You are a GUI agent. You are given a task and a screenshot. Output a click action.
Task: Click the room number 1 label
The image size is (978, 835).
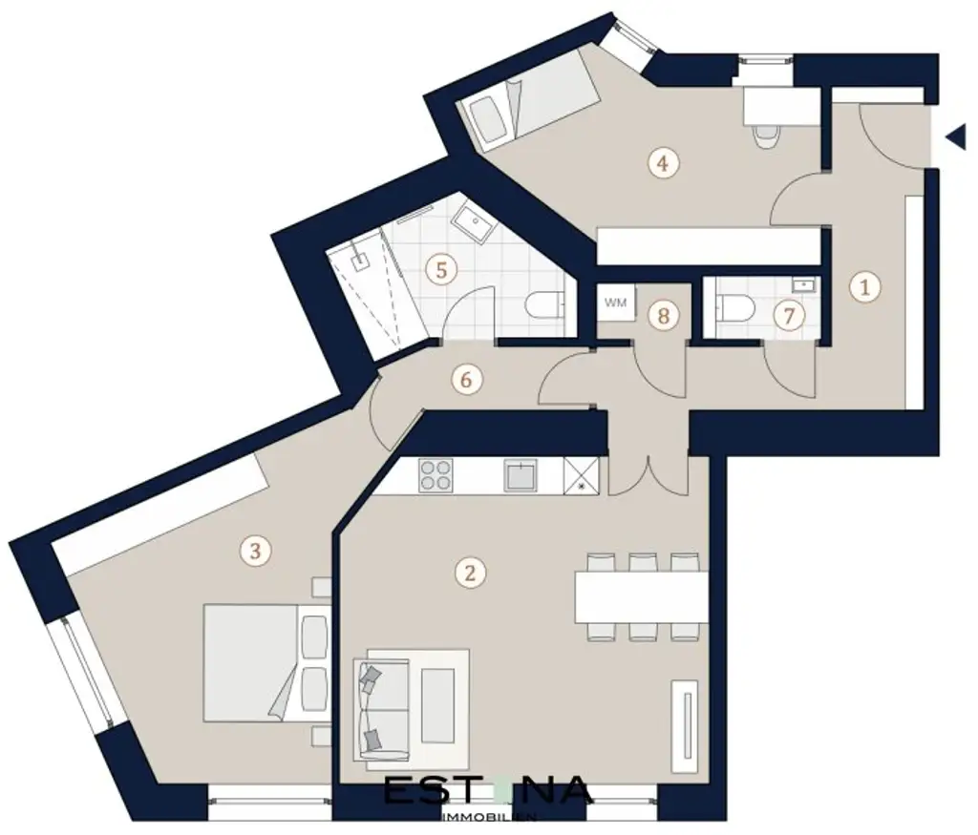point(863,286)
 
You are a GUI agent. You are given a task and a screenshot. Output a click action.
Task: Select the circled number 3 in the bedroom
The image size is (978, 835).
point(252,550)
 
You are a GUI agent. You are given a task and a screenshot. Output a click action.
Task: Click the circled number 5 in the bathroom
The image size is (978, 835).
point(440,269)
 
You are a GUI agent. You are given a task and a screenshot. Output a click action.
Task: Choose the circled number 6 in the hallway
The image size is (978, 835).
point(466,379)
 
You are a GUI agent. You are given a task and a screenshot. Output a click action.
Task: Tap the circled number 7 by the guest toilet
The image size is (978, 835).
point(788,316)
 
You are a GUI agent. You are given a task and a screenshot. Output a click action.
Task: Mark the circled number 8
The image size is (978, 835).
point(663,316)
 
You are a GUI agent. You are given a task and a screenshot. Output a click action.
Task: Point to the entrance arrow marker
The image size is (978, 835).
point(955,138)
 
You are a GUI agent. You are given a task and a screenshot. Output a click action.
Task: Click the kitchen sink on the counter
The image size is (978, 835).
point(521,474)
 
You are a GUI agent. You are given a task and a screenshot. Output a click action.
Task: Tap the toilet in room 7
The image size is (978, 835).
point(735,308)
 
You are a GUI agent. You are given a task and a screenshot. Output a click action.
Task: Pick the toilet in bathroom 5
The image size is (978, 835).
point(546,307)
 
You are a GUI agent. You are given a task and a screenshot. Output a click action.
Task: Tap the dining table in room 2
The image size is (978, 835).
point(641,596)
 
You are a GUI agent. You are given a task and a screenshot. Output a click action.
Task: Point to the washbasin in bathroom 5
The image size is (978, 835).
point(469,222)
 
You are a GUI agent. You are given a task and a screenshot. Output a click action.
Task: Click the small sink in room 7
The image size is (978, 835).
point(801,283)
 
